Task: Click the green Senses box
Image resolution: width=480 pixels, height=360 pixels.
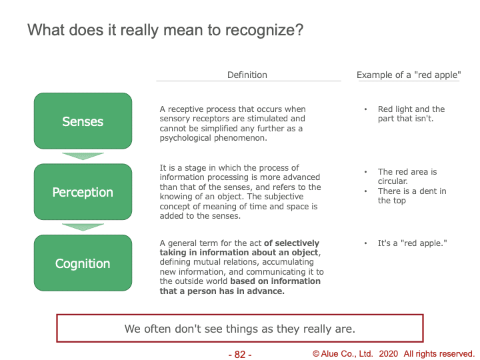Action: click(x=83, y=121)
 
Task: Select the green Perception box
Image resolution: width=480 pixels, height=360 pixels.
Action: click(x=83, y=192)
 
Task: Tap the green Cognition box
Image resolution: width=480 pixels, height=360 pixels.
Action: click(x=83, y=263)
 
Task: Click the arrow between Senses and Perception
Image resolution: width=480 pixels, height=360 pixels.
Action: click(x=83, y=156)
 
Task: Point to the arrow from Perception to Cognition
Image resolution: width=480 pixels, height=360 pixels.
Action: click(x=83, y=227)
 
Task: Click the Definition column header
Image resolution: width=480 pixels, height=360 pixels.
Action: click(x=247, y=75)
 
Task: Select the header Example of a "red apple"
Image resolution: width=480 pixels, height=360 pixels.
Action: click(x=409, y=75)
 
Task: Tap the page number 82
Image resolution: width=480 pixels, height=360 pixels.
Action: click(x=240, y=355)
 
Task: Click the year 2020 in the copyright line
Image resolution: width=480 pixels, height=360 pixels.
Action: click(x=389, y=354)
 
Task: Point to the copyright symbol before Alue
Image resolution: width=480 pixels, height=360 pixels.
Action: click(x=316, y=354)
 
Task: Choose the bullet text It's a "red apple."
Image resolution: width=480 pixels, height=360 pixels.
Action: click(x=413, y=243)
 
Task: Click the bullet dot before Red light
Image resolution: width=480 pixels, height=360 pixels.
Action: click(x=365, y=109)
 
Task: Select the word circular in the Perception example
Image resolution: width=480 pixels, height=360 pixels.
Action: click(x=393, y=181)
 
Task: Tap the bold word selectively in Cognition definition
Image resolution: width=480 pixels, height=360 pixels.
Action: click(x=297, y=243)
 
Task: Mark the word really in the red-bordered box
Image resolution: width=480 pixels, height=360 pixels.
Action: click(x=318, y=329)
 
